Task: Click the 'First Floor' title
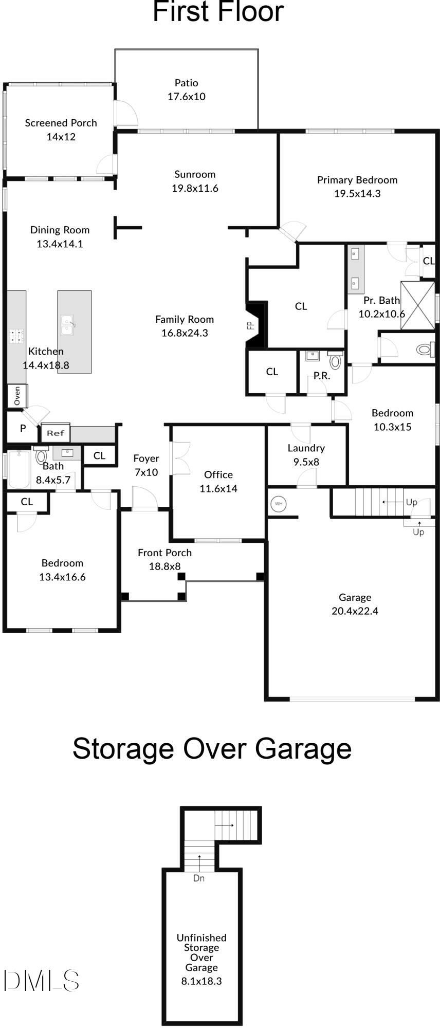(218, 11)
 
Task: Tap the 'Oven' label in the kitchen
(17, 395)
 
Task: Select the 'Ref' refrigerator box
(56, 433)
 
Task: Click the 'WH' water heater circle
(278, 503)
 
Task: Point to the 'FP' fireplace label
(251, 325)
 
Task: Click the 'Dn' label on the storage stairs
(199, 878)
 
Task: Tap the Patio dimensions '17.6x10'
(186, 97)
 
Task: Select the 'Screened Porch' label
(61, 123)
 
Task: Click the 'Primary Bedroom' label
(357, 180)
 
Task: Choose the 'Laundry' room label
(306, 448)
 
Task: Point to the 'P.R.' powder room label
(322, 376)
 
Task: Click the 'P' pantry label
(23, 428)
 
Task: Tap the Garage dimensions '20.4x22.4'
(355, 611)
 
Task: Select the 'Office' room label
(218, 474)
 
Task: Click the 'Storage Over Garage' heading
(212, 749)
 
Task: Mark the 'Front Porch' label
(164, 553)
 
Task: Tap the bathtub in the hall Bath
(19, 469)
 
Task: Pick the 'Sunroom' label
(195, 174)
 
